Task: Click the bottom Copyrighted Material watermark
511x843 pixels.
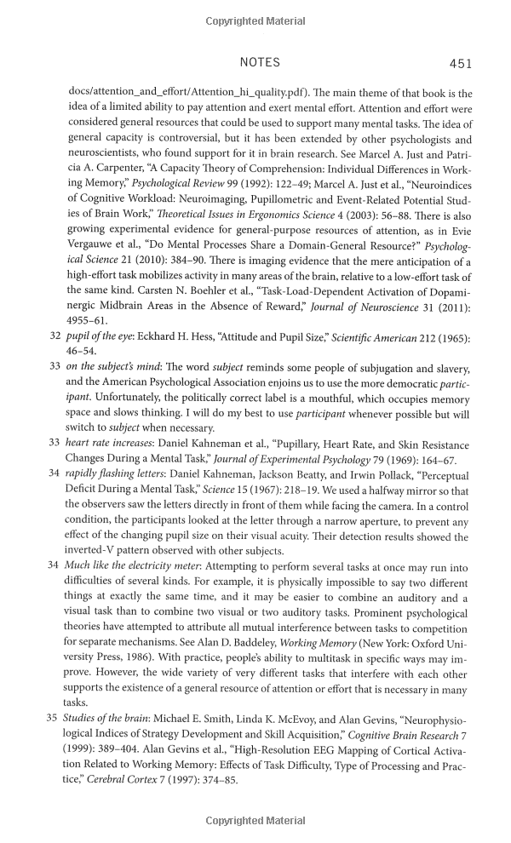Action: (255, 822)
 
